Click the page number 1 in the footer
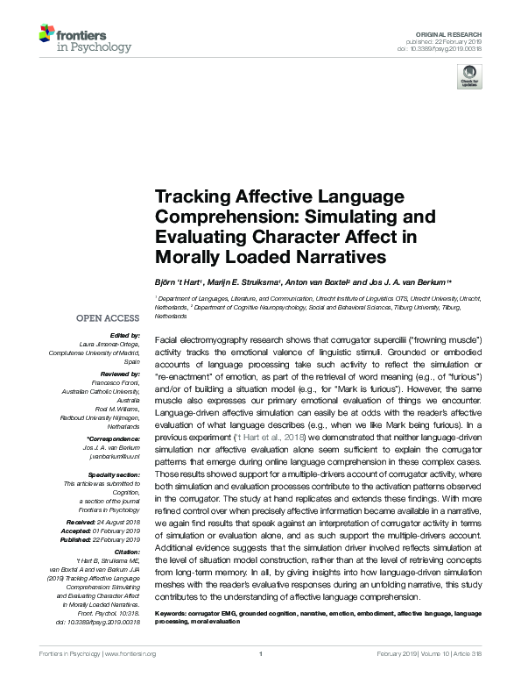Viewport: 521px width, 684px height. click(x=261, y=678)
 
